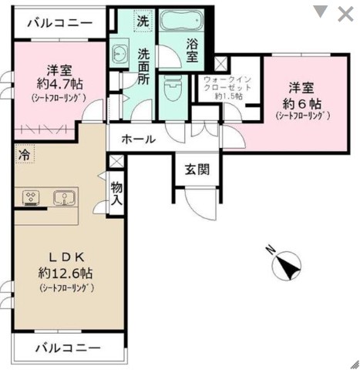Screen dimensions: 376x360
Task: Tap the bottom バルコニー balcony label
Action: [x=67, y=348]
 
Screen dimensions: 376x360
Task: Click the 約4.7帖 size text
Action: [x=59, y=84]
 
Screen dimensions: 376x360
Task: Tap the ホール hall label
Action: [x=140, y=139]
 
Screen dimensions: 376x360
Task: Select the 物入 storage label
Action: [x=116, y=194]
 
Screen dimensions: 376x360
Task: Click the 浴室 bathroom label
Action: [x=193, y=49]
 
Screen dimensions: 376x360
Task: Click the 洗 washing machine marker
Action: [x=143, y=22]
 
